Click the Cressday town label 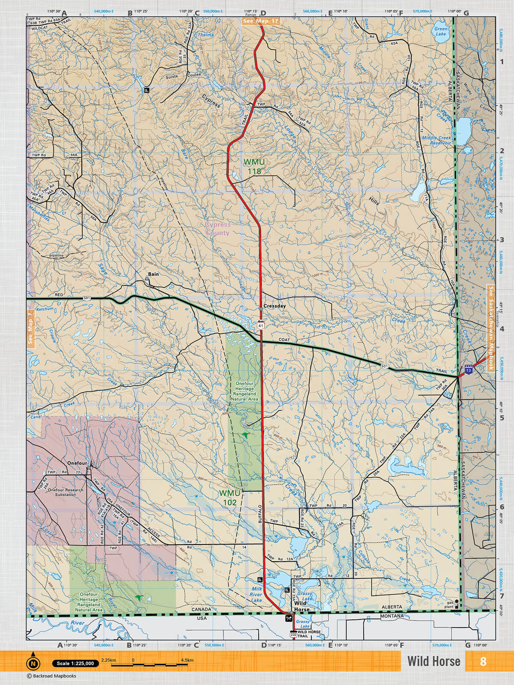tap(275, 306)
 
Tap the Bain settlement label tap(153, 274)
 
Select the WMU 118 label tap(254, 167)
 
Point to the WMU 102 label tap(230, 498)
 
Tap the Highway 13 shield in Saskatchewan tap(469, 370)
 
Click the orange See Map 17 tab tap(260, 21)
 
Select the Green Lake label tap(441, 31)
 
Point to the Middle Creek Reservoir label tap(436, 140)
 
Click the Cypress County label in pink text tap(218, 229)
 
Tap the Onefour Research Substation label tap(66, 492)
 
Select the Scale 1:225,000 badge tap(75, 664)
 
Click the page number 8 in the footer tap(483, 661)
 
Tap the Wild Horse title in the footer tap(433, 661)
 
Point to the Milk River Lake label tap(256, 595)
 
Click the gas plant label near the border tap(449, 605)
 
